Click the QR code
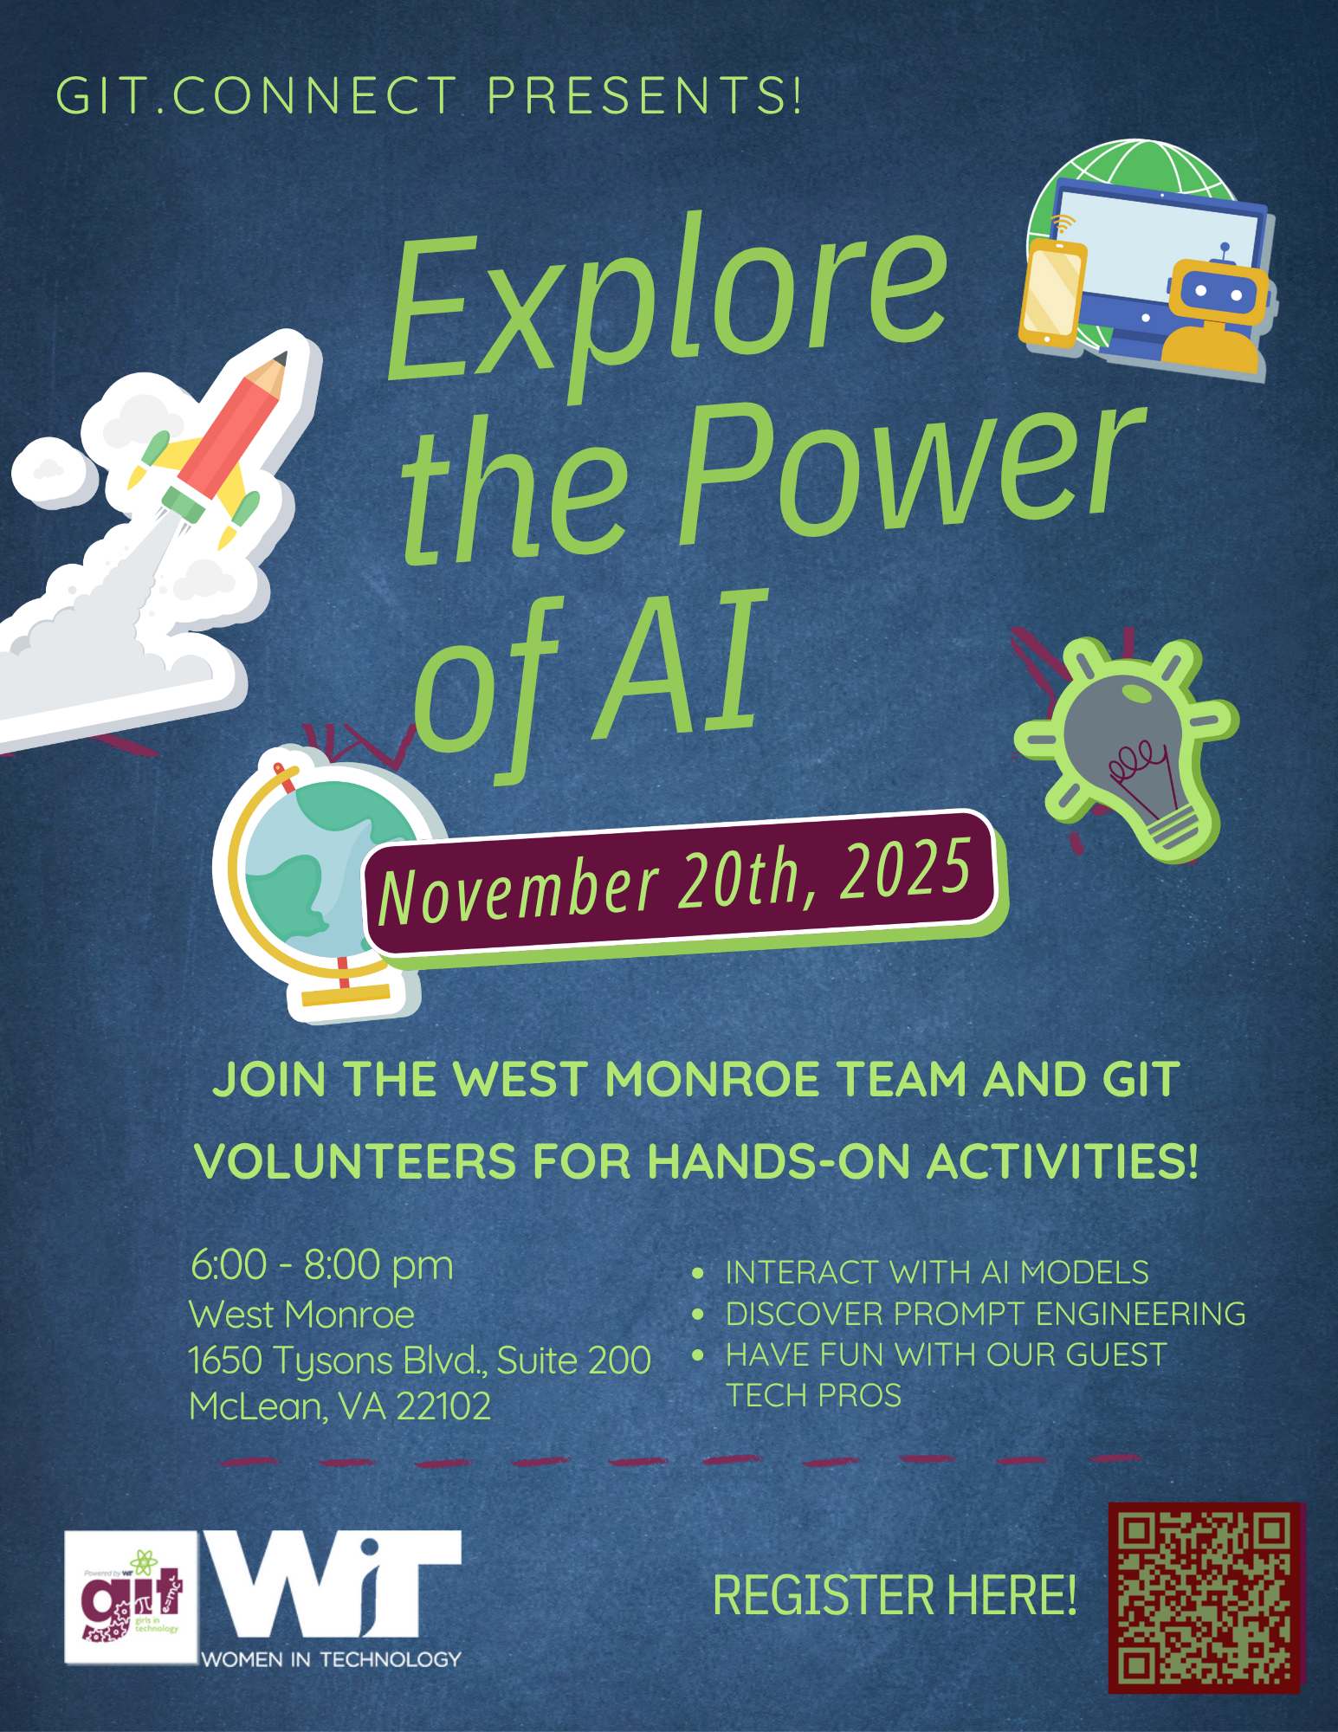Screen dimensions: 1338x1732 tap(1206, 1598)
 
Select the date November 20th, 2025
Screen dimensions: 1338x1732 tap(675, 883)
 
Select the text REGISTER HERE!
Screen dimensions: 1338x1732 tap(895, 1595)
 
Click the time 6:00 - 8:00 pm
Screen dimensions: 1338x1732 tap(321, 1265)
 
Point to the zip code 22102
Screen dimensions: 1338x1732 tap(443, 1406)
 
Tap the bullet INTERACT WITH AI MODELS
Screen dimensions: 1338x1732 tap(937, 1272)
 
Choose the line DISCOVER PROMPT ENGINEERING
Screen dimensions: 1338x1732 tap(986, 1314)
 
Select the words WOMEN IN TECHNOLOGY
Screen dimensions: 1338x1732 tap(331, 1659)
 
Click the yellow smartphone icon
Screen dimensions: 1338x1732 tap(1052, 293)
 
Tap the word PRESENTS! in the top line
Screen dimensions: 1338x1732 tap(644, 95)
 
